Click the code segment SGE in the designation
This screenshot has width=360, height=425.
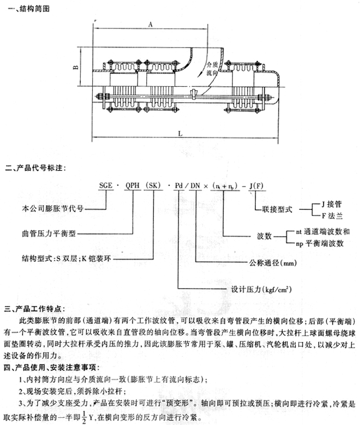pyautogui.click(x=107, y=186)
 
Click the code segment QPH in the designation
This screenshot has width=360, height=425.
pyautogui.click(x=133, y=186)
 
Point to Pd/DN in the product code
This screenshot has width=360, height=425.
pyautogui.click(x=188, y=186)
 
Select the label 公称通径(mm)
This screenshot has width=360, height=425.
pyautogui.click(x=273, y=262)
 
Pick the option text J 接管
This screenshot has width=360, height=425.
pyautogui.click(x=328, y=202)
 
